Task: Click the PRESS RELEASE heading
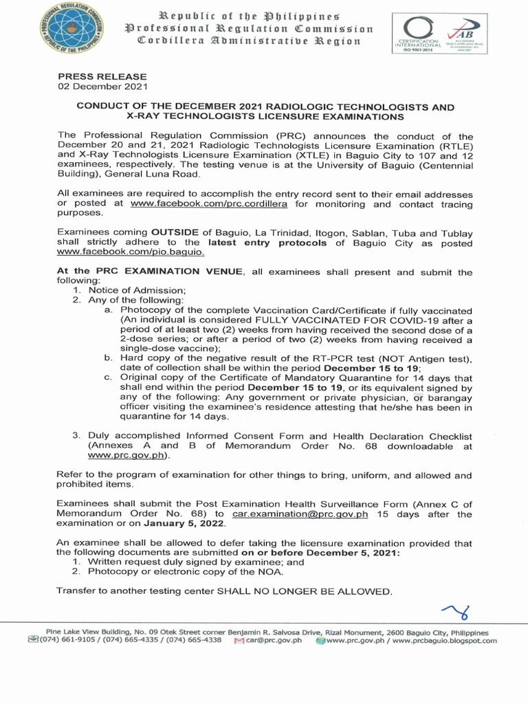(102, 76)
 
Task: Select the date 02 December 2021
(102, 87)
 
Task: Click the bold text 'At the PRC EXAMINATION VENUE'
(150, 272)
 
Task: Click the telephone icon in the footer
(33, 640)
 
